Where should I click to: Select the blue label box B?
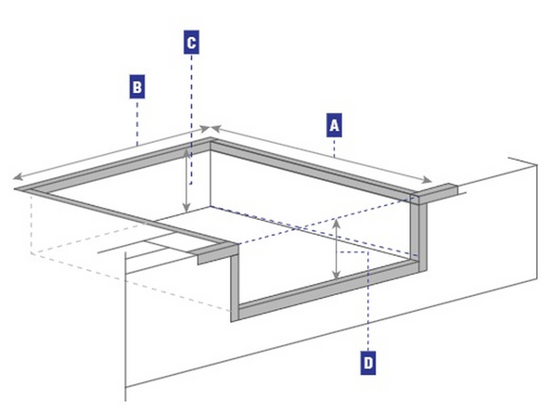pyautogui.click(x=136, y=87)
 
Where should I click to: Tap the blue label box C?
pyautogui.click(x=189, y=42)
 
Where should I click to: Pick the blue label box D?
pyautogui.click(x=368, y=361)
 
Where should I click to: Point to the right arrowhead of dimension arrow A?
pyautogui.click(x=430, y=182)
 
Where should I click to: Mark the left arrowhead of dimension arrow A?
pyautogui.click(x=215, y=129)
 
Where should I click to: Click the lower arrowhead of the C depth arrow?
pyautogui.click(x=188, y=211)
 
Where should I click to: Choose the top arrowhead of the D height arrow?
pyautogui.click(x=336, y=224)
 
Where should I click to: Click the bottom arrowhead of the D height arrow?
pyautogui.click(x=336, y=276)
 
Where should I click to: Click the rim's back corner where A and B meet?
pyautogui.click(x=211, y=140)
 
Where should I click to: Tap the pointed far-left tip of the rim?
pyautogui.click(x=17, y=192)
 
